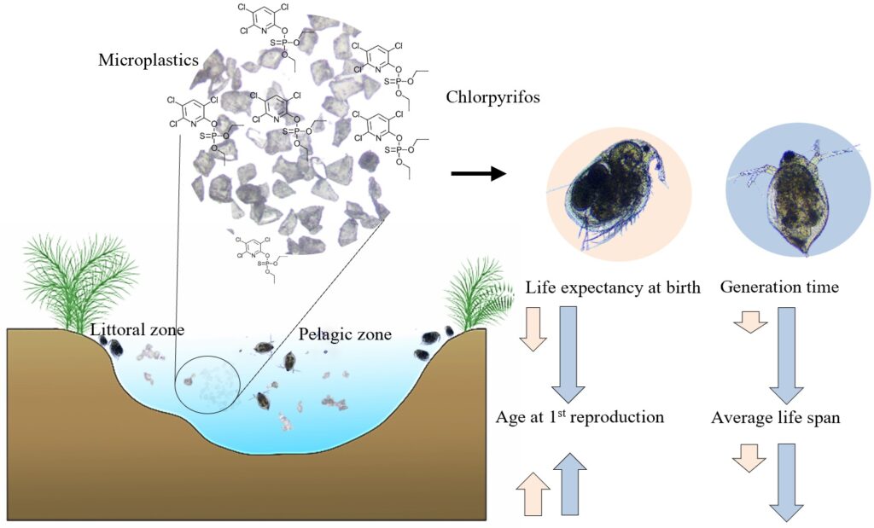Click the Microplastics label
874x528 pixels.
pyautogui.click(x=149, y=60)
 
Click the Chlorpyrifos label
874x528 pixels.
pyautogui.click(x=492, y=97)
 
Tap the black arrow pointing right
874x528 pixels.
pyautogui.click(x=478, y=174)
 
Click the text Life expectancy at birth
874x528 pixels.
pyautogui.click(x=613, y=287)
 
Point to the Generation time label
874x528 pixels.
pyautogui.click(x=779, y=287)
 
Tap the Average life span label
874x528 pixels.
pyautogui.click(x=775, y=417)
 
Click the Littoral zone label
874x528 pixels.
pyautogui.click(x=137, y=330)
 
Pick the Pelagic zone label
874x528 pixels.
pyautogui.click(x=345, y=334)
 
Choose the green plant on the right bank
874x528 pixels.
pyautogui.click(x=480, y=295)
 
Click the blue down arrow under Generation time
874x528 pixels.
pyautogui.click(x=786, y=356)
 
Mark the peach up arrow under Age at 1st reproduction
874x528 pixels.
pyautogui.click(x=533, y=492)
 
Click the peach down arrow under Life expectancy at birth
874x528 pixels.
pyautogui.click(x=533, y=329)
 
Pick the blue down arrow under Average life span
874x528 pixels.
pyautogui.click(x=786, y=475)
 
